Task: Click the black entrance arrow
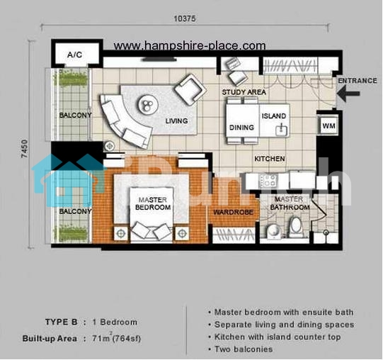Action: [x=348, y=94]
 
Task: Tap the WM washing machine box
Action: [x=328, y=125]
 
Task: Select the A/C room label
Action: [x=75, y=55]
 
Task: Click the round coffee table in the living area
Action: [x=148, y=105]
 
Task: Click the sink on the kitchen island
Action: [x=281, y=130]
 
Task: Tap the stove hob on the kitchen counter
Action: [x=268, y=181]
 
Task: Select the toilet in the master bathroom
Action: [x=296, y=227]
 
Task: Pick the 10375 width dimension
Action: [x=185, y=18]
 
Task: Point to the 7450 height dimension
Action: [x=25, y=148]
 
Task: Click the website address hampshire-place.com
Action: [x=190, y=45]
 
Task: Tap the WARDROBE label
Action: [x=233, y=212]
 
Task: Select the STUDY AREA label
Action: [x=244, y=92]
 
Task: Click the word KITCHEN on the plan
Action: [x=270, y=159]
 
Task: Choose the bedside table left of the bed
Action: [x=120, y=233]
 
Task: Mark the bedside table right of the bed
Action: [x=182, y=233]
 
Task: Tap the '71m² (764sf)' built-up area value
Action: [x=117, y=338]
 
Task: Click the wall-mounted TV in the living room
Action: [x=159, y=59]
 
